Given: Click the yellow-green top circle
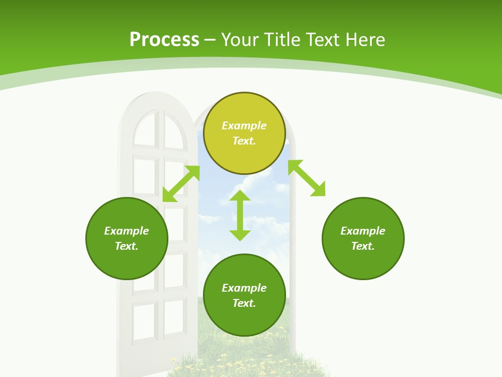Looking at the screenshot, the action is (x=244, y=134).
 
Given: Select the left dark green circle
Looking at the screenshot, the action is (x=127, y=238).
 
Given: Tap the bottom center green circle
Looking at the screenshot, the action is (x=244, y=295).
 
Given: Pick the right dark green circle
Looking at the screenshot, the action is (x=363, y=238).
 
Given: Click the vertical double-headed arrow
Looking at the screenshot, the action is (x=240, y=215).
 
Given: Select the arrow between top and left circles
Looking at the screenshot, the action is (x=181, y=184).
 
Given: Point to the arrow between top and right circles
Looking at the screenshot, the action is (x=307, y=178).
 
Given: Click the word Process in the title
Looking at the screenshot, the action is (x=164, y=40).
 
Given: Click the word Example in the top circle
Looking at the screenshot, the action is (x=244, y=126).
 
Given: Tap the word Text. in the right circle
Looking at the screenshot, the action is (x=363, y=246).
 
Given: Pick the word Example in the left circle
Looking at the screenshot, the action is (x=127, y=230).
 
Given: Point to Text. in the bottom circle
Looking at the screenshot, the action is (x=244, y=303).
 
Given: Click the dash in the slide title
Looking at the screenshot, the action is (x=210, y=40).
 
